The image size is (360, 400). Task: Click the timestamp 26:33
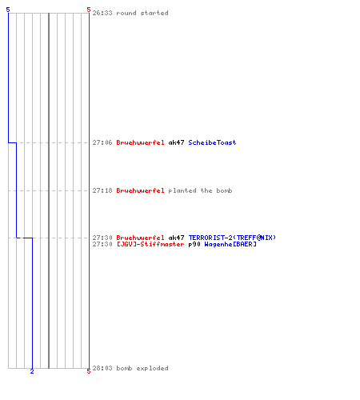tap(102, 13)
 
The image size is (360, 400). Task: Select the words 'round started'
tap(142, 13)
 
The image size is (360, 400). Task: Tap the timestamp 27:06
tap(102, 142)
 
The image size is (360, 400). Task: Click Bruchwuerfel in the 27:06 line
tap(140, 142)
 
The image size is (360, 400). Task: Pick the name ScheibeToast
tap(212, 142)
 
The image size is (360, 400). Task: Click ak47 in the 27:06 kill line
tap(176, 142)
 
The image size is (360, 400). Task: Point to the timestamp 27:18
tap(102, 190)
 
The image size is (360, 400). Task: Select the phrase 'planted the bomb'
tap(200, 190)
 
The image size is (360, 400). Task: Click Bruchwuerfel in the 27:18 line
tap(140, 190)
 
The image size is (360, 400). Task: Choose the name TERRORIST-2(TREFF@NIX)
tap(232, 238)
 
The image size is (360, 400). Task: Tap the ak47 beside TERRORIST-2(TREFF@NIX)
tap(176, 238)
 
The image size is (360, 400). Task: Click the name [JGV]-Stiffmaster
tap(150, 244)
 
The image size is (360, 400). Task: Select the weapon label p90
tap(194, 244)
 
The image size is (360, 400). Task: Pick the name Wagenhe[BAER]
tap(230, 244)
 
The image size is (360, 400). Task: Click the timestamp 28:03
tap(102, 368)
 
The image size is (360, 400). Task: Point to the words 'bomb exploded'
tap(142, 368)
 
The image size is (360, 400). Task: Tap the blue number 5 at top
tap(8, 10)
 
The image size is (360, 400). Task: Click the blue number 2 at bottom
tap(32, 371)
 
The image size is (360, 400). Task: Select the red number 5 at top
tap(89, 10)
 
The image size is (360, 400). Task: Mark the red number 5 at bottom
tap(89, 371)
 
